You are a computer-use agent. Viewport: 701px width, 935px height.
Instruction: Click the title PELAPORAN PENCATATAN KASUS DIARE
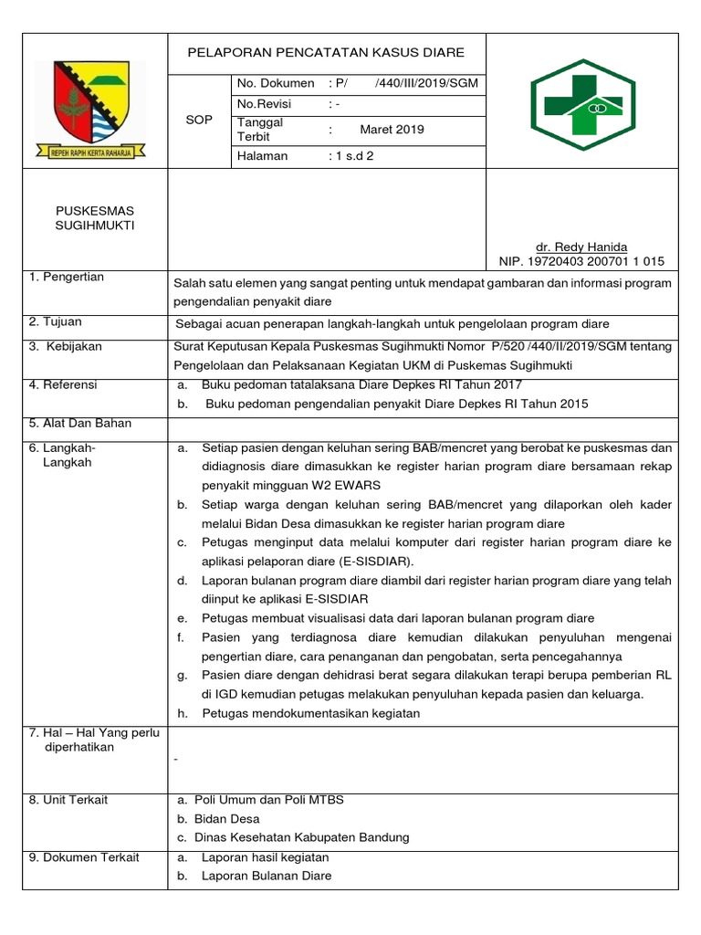tap(326, 53)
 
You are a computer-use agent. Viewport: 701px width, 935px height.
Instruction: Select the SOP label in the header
tap(198, 121)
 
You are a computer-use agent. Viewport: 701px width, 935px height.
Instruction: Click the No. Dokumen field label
tap(276, 83)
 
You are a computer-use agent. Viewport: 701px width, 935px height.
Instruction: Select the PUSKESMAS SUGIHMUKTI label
tap(95, 218)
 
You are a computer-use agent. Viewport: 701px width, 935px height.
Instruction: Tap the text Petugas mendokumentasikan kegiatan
tap(310, 713)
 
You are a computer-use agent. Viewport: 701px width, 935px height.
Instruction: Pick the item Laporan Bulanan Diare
tap(267, 876)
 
